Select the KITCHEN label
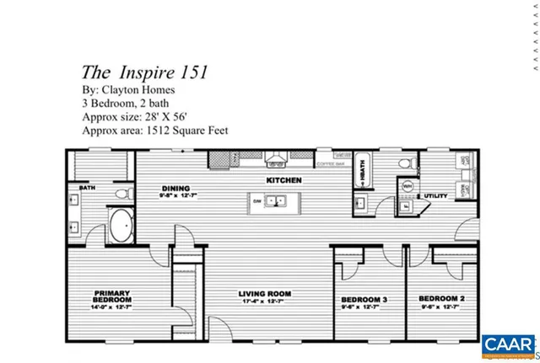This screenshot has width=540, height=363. coord(284,180)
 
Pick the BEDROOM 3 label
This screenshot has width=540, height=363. coord(364,300)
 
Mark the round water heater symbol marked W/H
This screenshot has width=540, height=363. coord(408,187)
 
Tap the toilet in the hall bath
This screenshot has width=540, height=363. coord(406,163)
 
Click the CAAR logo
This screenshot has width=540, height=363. coord(509,344)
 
